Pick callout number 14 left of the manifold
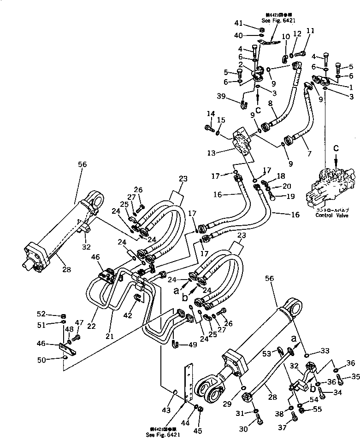(x=211, y=113)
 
